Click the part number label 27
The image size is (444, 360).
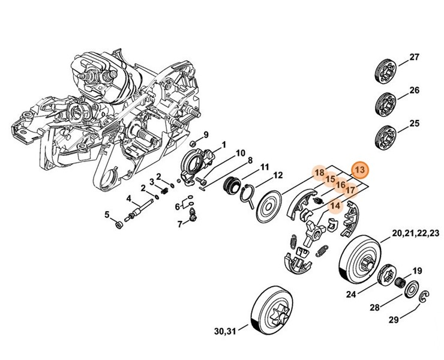pos(414,58)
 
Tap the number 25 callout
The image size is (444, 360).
pos(414,124)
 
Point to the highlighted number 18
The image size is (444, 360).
pos(320,173)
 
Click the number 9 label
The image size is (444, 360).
pos(205,134)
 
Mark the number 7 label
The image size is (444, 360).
pos(179,224)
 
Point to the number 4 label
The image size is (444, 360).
pos(128,199)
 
